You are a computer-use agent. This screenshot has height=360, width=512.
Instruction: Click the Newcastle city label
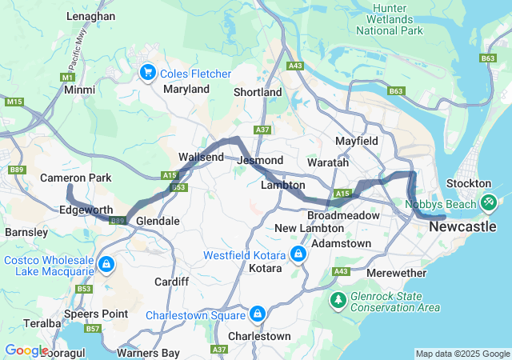(468, 227)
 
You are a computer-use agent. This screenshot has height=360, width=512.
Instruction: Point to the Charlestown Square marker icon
(258, 314)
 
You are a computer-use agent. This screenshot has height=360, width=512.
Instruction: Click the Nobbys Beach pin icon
(486, 202)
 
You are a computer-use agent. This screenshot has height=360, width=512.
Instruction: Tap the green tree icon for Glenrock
(338, 300)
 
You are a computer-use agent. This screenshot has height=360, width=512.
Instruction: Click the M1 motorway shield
(68, 77)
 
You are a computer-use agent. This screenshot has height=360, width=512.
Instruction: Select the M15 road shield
(14, 102)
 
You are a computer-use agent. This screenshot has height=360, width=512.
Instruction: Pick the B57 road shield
(94, 329)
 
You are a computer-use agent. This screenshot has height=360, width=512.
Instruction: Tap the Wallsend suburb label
(201, 157)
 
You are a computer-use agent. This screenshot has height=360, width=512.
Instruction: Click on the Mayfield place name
(356, 141)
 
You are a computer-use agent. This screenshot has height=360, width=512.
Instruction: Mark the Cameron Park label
(69, 177)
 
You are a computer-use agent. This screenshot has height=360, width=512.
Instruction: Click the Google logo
(26, 350)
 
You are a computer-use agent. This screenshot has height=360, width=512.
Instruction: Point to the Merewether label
(397, 273)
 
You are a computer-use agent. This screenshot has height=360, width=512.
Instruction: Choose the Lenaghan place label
(90, 16)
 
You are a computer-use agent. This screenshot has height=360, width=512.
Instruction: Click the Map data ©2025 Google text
(462, 354)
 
